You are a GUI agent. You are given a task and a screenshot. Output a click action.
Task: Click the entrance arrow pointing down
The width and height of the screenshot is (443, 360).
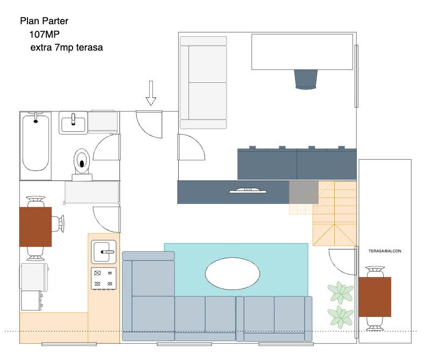(x=151, y=93)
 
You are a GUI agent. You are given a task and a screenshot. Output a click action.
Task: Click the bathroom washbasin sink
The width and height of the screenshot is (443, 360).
(x=73, y=123)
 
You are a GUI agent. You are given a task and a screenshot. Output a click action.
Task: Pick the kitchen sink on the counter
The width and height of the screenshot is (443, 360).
(x=104, y=251)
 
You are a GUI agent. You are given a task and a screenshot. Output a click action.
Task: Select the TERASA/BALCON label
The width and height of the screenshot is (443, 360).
(x=385, y=251)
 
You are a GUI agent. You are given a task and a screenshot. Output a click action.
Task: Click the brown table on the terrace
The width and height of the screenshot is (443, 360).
(x=375, y=297)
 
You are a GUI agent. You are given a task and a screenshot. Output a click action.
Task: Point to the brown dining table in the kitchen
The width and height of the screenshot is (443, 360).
(x=36, y=227)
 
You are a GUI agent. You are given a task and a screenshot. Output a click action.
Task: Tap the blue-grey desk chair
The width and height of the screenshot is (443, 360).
(x=306, y=79)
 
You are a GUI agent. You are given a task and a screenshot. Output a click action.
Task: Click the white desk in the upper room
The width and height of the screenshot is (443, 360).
(x=302, y=52)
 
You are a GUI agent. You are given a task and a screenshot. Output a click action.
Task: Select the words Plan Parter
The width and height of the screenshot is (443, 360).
(x=44, y=22)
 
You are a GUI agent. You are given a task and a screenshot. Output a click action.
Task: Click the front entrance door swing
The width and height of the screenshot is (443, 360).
(x=148, y=123)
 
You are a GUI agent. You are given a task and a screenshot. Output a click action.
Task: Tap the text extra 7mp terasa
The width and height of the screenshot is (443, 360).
(x=67, y=48)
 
